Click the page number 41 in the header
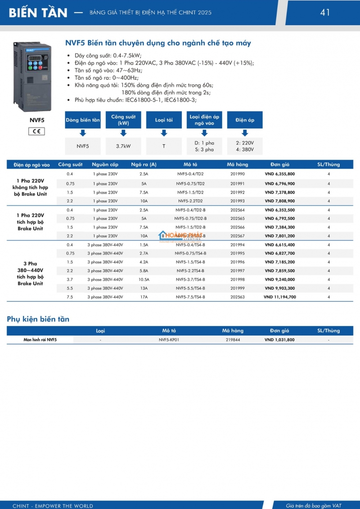coord(325,12)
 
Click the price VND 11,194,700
coord(279,297)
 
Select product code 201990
coord(237,174)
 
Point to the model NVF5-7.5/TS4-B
coord(190,297)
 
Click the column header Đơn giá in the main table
coord(279,165)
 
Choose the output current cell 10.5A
coord(144,280)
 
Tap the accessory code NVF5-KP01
coord(169,340)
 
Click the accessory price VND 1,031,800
coord(279,340)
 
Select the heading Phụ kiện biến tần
coord(38,319)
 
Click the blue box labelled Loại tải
coord(164,120)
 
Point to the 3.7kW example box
coord(123,146)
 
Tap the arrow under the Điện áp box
coord(245,133)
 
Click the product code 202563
coord(237,297)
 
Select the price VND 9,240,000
coord(279,280)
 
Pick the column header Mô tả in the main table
coord(190,165)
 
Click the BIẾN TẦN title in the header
coord(38,13)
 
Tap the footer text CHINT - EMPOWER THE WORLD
coord(53,506)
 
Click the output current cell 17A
coord(144,297)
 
